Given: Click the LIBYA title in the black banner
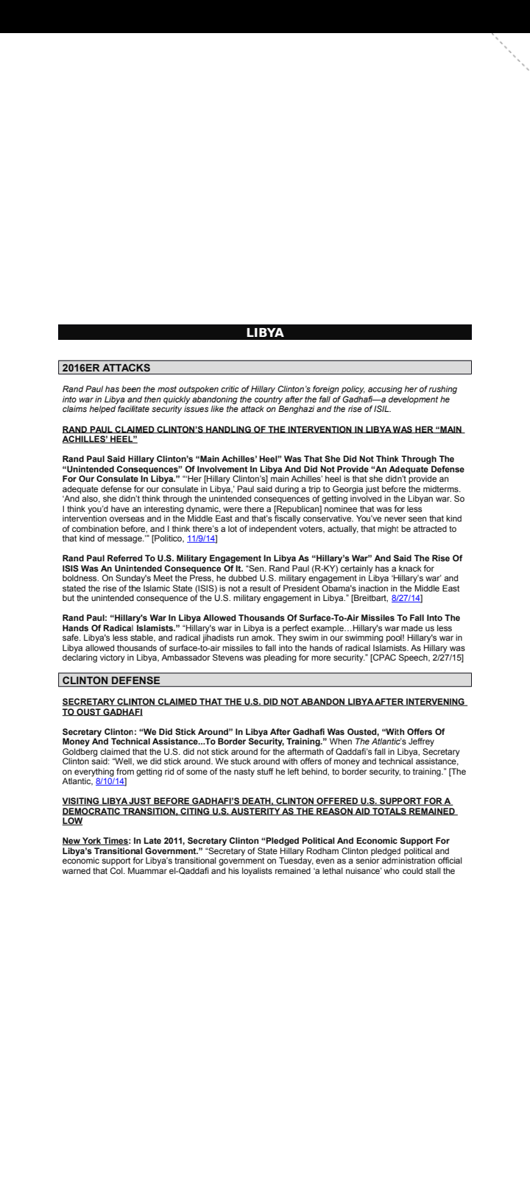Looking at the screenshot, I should click(265, 333).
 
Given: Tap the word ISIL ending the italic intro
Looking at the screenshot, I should click(382, 410).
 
